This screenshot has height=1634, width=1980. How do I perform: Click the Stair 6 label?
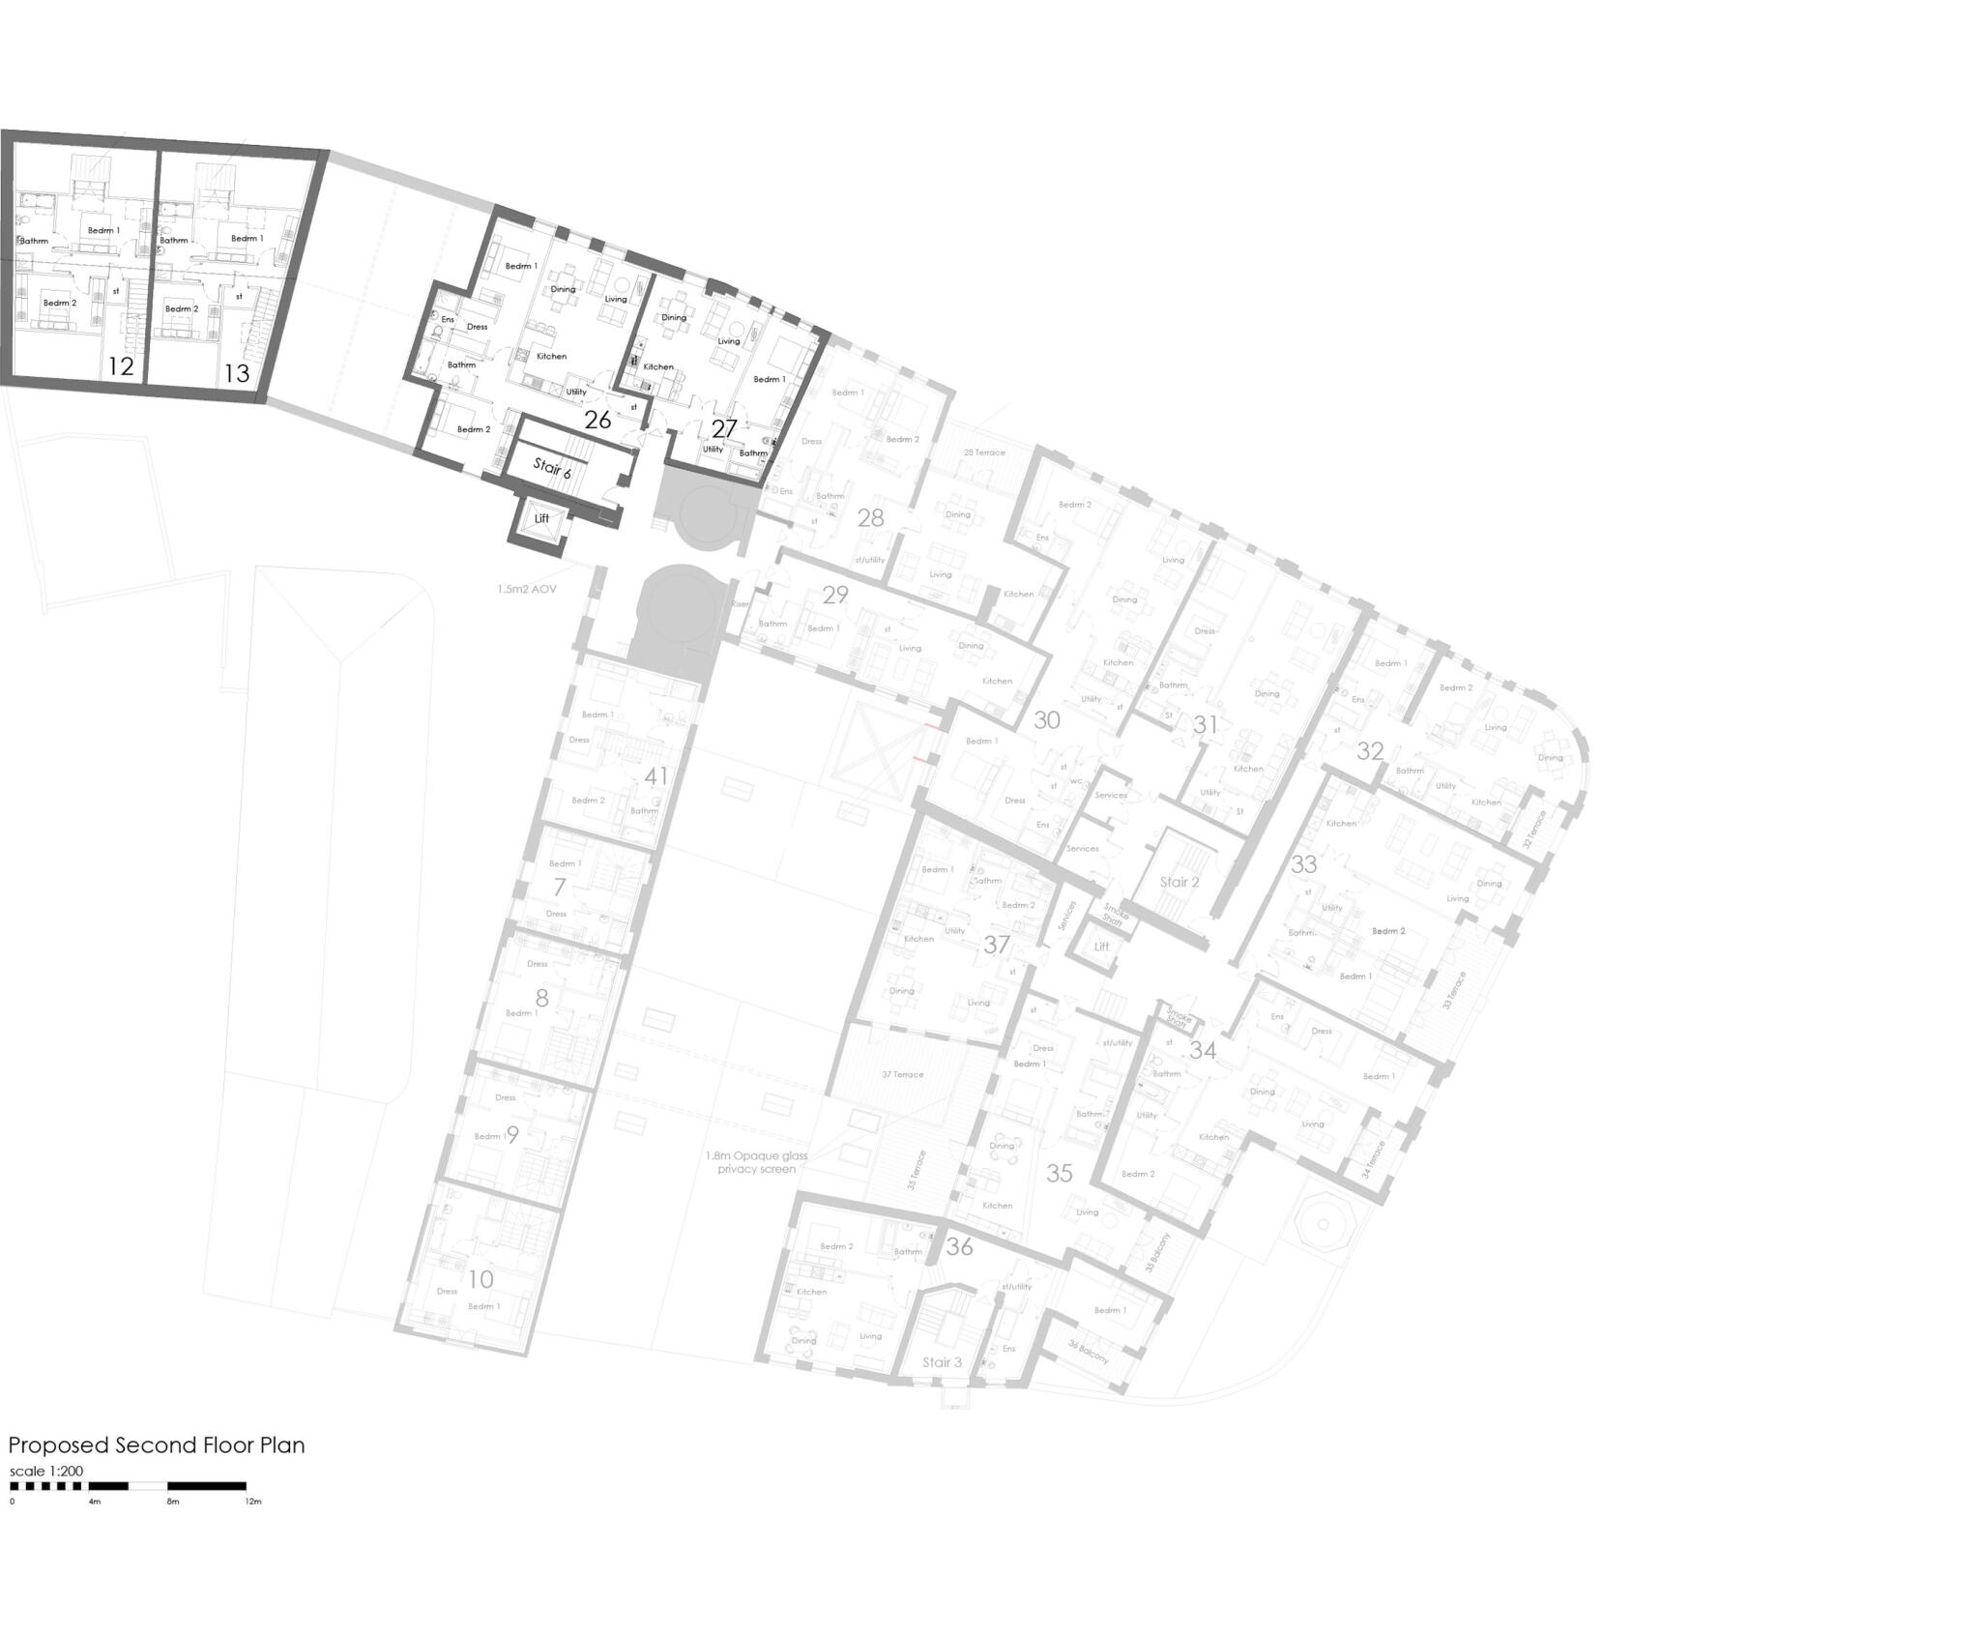pyautogui.click(x=552, y=469)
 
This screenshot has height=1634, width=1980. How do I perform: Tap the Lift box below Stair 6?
pyautogui.click(x=541, y=519)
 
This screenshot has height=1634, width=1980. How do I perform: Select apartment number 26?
pyautogui.click(x=597, y=420)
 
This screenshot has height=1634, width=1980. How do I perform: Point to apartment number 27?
pyautogui.click(x=724, y=427)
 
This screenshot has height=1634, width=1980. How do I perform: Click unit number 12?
pyautogui.click(x=121, y=366)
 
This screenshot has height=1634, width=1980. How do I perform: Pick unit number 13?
pyautogui.click(x=236, y=373)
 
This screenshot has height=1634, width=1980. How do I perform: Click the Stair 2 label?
pyautogui.click(x=1179, y=882)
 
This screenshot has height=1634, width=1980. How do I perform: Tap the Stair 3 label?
pyautogui.click(x=942, y=1362)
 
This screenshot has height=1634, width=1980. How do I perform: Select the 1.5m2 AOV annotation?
pyautogui.click(x=527, y=589)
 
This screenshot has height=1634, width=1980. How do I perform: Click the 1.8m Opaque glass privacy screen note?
pyautogui.click(x=756, y=1162)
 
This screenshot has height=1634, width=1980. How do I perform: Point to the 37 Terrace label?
pyautogui.click(x=902, y=1074)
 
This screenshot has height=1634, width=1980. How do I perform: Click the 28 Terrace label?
pyautogui.click(x=984, y=452)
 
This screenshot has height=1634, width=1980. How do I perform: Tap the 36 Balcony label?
pyautogui.click(x=1089, y=1352)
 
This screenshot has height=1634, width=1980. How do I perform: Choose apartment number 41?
pyautogui.click(x=656, y=776)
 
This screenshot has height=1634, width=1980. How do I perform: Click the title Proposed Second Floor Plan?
pyautogui.click(x=157, y=1445)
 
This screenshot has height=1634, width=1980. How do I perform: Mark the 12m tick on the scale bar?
pyautogui.click(x=253, y=1502)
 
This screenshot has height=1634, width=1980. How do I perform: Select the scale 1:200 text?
pyautogui.click(x=46, y=1472)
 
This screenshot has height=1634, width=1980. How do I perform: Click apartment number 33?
pyautogui.click(x=1304, y=864)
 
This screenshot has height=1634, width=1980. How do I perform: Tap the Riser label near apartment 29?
pyautogui.click(x=740, y=603)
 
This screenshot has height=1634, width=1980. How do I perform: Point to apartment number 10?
pyautogui.click(x=480, y=1279)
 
